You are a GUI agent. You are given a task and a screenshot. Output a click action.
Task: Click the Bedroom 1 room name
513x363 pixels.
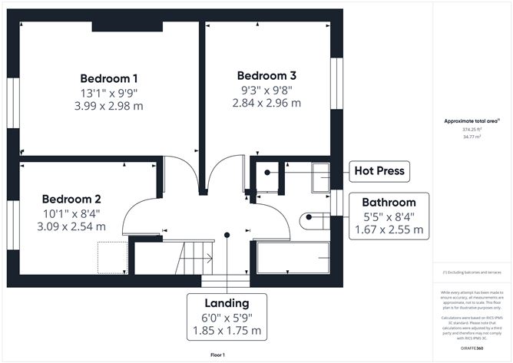click(109, 78)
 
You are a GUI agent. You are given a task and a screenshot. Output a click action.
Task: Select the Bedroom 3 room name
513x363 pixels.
click(266, 76)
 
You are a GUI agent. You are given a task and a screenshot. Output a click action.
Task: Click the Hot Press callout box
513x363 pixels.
click(379, 170)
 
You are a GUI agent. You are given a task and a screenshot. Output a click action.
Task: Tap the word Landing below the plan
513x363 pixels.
click(227, 303)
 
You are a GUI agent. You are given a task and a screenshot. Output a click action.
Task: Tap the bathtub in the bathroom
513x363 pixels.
click(292, 257)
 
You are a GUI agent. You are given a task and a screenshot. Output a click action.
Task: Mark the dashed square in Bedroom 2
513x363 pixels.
click(111, 256)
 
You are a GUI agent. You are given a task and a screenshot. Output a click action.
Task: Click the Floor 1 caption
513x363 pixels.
click(221, 355)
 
